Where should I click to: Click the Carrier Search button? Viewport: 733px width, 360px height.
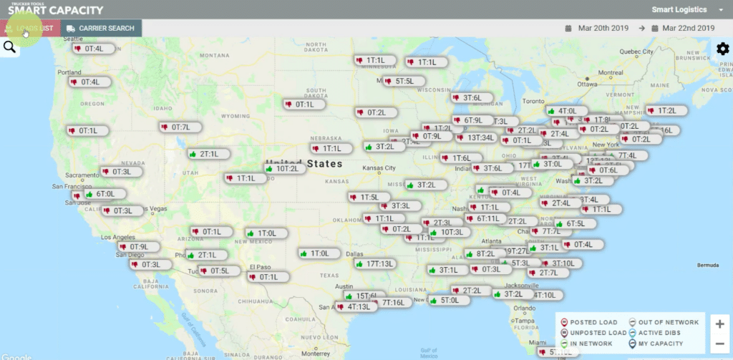[x=101, y=28]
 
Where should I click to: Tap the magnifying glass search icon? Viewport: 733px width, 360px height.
[x=10, y=47]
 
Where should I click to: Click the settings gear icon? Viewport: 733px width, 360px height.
[x=722, y=49]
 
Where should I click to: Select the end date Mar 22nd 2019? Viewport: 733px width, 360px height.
[x=688, y=28]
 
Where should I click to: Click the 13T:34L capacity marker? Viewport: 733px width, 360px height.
[x=475, y=137]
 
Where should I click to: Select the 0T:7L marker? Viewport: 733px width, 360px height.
[x=176, y=127]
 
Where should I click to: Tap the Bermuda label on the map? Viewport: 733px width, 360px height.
[x=708, y=263]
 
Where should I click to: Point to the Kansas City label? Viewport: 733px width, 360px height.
[x=379, y=168]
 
